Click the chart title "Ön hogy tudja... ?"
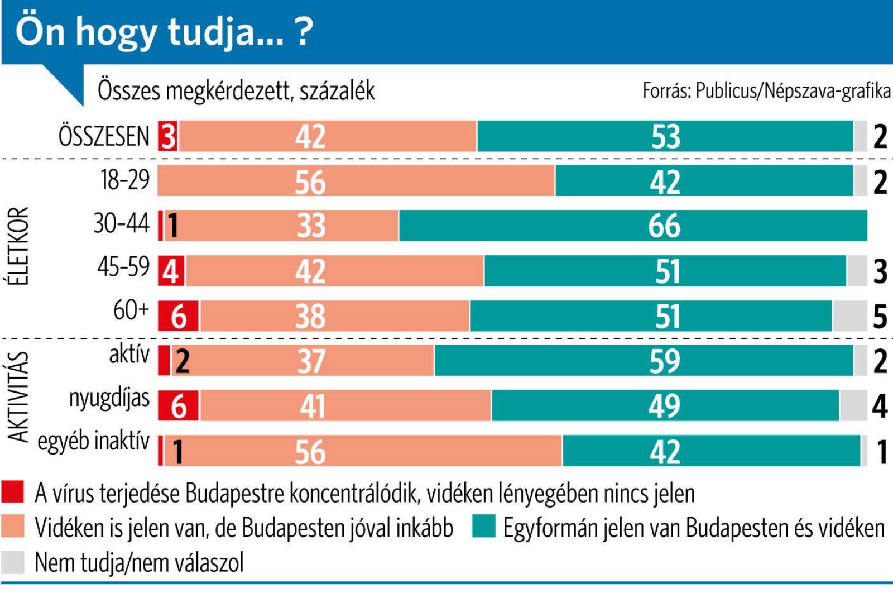pos(163,32)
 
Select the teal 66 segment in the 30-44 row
pos(633,226)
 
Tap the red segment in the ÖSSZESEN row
pos(167,136)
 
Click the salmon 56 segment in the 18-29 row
pos(356,181)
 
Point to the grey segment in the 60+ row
pos(849,316)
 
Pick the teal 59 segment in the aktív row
pos(644,361)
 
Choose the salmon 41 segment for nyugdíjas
pos(345,405)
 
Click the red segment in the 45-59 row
pos(171,271)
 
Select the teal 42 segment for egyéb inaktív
pos(711,451)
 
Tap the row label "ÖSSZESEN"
pos(104,136)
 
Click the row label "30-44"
pos(122,224)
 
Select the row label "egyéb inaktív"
pos(94,441)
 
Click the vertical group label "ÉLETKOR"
pos(19,246)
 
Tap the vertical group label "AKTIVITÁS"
pos(19,396)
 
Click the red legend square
pos(12,492)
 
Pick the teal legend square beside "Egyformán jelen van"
pos(483,527)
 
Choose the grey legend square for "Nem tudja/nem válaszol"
pos(12,562)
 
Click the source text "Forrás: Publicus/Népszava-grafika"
pos(766,90)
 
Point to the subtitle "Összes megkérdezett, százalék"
pos(236,90)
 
